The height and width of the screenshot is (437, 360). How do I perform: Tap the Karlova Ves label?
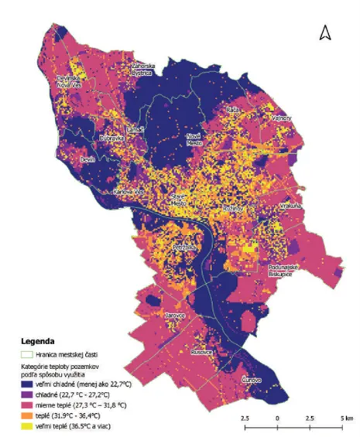coord(129,190)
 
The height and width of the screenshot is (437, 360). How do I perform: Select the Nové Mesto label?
coord(194,139)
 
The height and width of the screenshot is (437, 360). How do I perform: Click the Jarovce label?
coord(176,316)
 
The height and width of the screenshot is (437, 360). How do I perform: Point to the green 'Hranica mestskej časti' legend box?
coord(27,354)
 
